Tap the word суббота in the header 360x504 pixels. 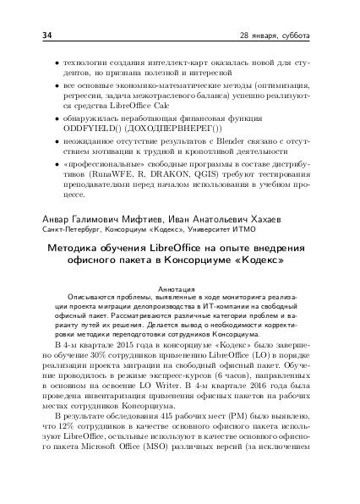point(294,37)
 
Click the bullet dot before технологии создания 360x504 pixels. point(57,63)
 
